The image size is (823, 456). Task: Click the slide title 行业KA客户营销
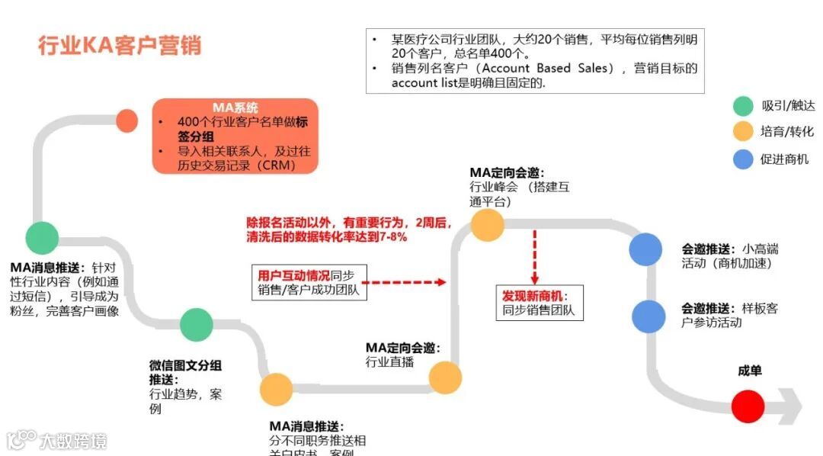(x=120, y=45)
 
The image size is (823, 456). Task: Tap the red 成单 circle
(x=748, y=406)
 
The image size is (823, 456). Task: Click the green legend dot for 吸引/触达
(x=743, y=106)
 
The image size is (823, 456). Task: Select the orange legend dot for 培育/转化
(x=743, y=132)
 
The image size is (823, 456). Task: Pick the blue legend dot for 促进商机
(x=743, y=159)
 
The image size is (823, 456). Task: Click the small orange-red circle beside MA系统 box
(x=126, y=120)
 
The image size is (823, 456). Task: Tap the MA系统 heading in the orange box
(x=235, y=108)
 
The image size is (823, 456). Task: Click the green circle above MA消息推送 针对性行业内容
(x=42, y=238)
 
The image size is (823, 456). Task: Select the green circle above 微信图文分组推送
(x=196, y=325)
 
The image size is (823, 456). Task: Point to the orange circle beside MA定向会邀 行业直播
(x=445, y=377)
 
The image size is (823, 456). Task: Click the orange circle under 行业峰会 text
(x=488, y=225)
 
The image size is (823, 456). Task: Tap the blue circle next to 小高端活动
(x=646, y=249)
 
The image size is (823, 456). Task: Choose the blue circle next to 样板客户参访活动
(x=648, y=316)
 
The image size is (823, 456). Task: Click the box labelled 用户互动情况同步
(x=309, y=282)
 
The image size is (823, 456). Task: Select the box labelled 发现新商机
(x=539, y=303)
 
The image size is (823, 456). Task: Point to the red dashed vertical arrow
(x=535, y=255)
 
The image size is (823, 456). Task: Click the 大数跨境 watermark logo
(x=57, y=440)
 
